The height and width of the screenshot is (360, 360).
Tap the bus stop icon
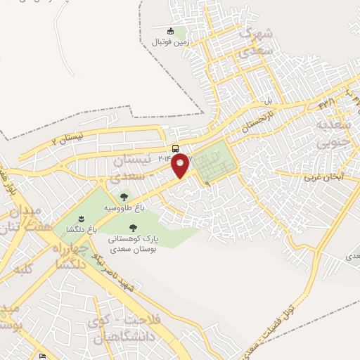(x=174, y=148)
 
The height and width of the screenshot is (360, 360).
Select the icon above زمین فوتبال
(x=170, y=31)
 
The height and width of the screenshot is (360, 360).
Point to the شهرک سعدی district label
(x=255, y=41)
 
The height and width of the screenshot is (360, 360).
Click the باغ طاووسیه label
(x=124, y=209)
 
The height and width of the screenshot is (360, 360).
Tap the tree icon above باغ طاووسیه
(x=124, y=198)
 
